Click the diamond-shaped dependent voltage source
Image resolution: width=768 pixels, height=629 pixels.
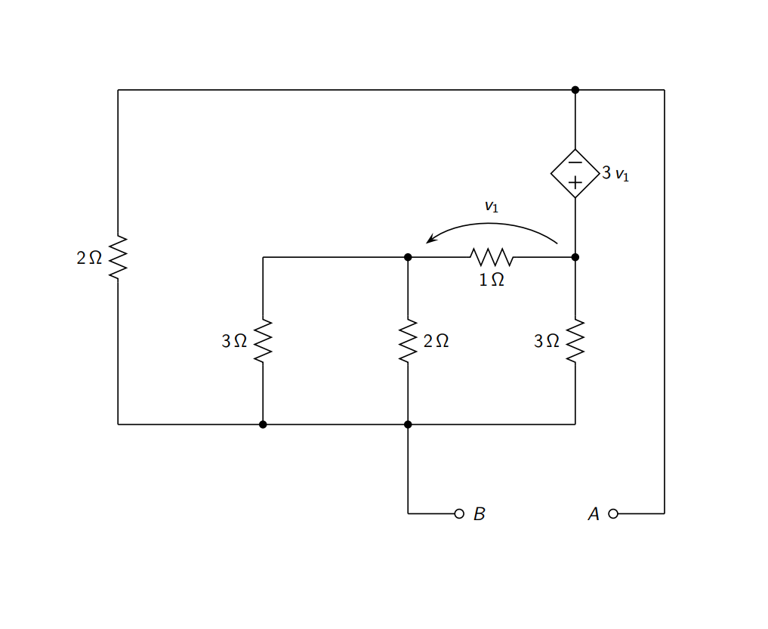[x=575, y=173]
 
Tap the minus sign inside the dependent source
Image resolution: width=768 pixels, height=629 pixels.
[x=575, y=162]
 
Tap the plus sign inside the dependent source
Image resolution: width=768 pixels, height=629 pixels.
[x=575, y=182]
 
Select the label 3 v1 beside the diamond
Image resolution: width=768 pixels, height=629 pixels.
[x=615, y=174]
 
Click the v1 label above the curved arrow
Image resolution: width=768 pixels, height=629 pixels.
[x=492, y=206]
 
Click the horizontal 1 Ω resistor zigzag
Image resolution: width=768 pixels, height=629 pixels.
[x=492, y=257]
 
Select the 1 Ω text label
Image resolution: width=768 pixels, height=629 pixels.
[x=492, y=280]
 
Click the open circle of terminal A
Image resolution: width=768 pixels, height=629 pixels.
[x=612, y=514]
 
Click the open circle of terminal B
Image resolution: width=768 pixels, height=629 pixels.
[x=458, y=514]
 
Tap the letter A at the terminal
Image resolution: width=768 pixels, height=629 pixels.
[x=594, y=514]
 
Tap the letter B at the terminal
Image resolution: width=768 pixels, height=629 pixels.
[x=479, y=514]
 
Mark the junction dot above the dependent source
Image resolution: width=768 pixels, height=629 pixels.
[x=575, y=90]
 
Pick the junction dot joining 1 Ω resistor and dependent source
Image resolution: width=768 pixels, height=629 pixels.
[x=575, y=257]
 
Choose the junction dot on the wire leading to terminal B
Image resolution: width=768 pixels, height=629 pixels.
[x=408, y=424]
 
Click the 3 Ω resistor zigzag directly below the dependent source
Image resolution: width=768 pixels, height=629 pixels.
[x=575, y=341]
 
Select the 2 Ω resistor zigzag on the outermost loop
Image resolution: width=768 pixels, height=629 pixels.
[x=118, y=257]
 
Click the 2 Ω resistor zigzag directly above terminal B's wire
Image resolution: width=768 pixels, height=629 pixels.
[x=408, y=341]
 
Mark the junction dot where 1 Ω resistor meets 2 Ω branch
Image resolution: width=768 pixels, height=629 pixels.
[x=408, y=257]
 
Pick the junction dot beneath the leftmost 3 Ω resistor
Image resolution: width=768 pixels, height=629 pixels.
[x=263, y=424]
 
